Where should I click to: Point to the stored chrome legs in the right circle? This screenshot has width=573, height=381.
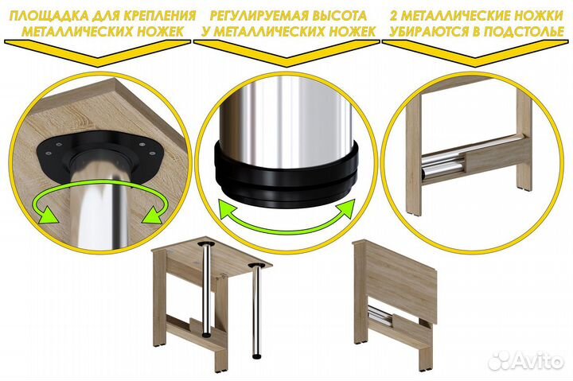click(446, 163)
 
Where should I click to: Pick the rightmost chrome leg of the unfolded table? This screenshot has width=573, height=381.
click(259, 318)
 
